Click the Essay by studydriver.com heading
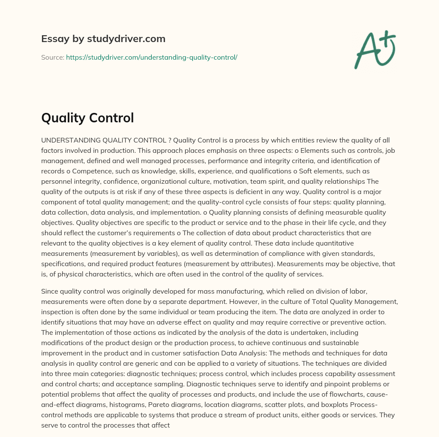103,39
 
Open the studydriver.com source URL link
151,57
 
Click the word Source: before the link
53,57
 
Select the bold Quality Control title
87,118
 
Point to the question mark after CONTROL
170,140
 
